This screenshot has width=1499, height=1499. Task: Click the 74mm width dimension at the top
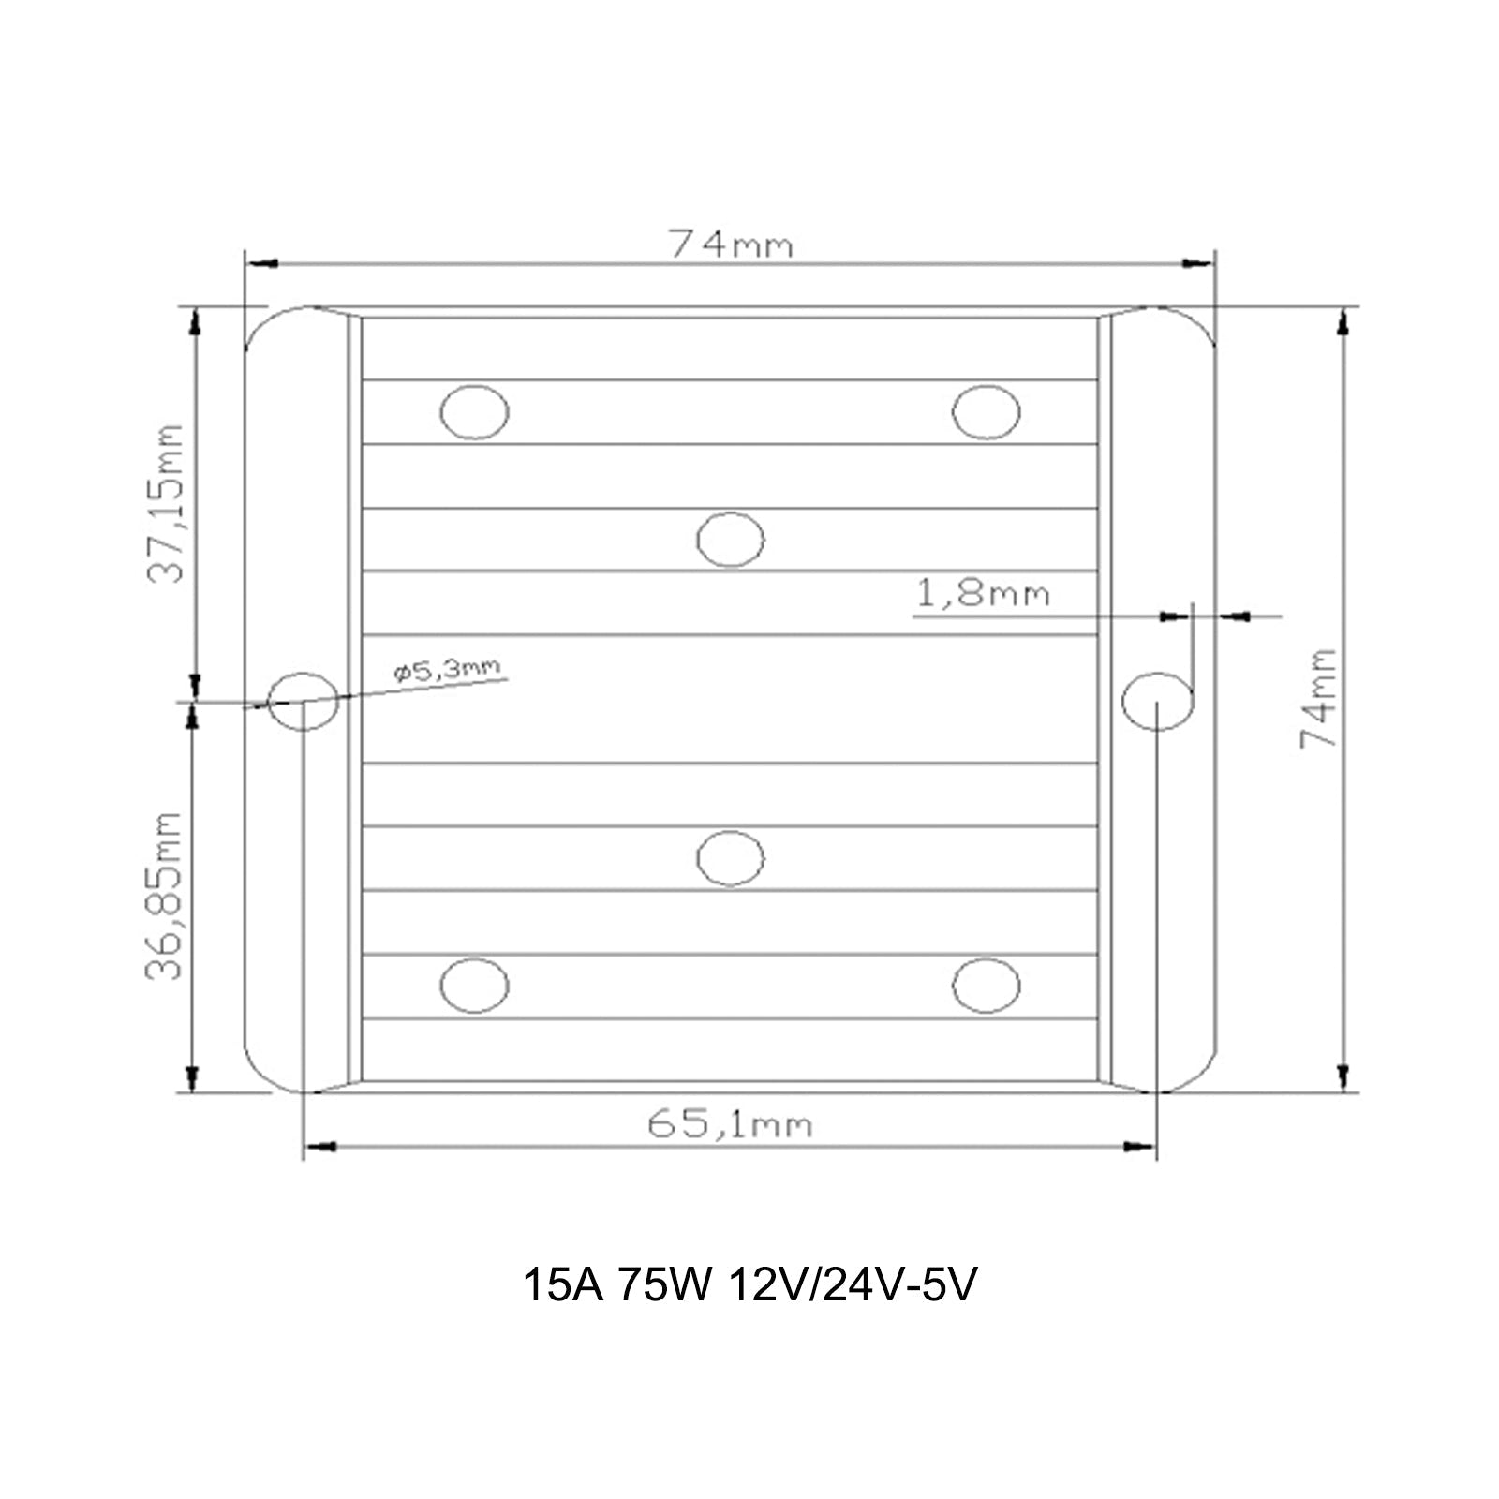pos(730,245)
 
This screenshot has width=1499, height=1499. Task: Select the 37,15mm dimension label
pos(167,503)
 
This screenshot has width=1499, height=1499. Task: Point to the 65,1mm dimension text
pos(730,1123)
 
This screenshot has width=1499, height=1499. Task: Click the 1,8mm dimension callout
pos(982,593)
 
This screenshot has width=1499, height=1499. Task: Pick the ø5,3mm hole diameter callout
pos(448,669)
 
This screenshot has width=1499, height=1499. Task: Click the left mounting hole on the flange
pos(304,701)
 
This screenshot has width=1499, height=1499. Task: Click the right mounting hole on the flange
pos(1157,701)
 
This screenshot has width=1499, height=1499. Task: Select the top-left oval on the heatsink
pos(474,412)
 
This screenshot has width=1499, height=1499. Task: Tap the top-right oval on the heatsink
pos(986,412)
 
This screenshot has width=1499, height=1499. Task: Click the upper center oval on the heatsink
pos(731,540)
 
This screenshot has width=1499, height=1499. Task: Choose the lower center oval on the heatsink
pos(731,858)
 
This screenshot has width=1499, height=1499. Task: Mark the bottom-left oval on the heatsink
pos(474,986)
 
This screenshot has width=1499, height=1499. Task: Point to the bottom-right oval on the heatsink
pos(986,986)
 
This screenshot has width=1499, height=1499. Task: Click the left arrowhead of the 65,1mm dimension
pos(320,1147)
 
